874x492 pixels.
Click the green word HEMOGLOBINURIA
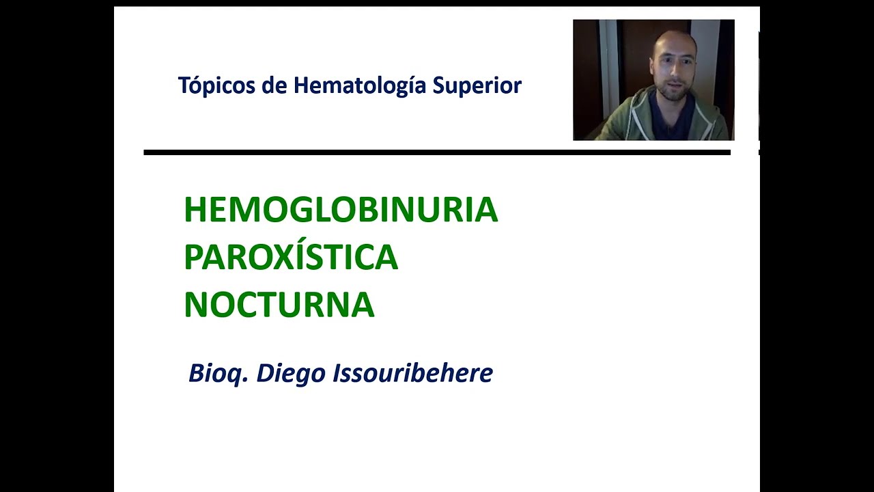point(341,210)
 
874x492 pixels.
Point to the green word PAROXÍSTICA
point(291,258)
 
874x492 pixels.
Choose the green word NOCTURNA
point(279,305)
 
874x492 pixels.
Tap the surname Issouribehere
point(412,374)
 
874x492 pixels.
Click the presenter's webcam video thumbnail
point(653,80)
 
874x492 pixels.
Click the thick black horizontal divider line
point(437,152)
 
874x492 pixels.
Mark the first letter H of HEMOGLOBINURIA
point(195,210)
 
